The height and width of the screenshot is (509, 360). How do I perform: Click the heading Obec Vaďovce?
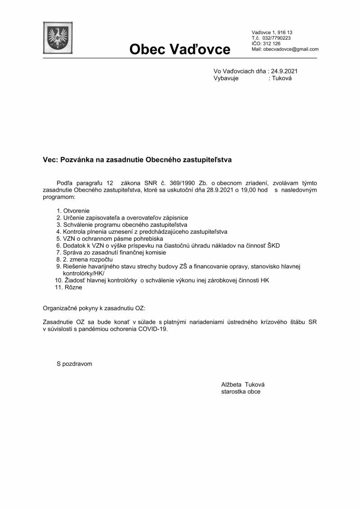point(180,49)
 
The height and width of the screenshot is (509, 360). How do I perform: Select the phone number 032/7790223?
point(277,38)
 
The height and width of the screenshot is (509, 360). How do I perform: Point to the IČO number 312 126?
point(272,44)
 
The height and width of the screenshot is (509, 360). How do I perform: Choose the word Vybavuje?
point(226,78)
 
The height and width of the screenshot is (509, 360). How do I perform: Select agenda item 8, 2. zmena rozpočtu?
point(84,259)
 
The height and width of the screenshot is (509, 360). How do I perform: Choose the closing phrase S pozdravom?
point(74,364)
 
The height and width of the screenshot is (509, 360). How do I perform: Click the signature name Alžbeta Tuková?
point(243,385)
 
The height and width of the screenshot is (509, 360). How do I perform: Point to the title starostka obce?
point(241,392)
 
